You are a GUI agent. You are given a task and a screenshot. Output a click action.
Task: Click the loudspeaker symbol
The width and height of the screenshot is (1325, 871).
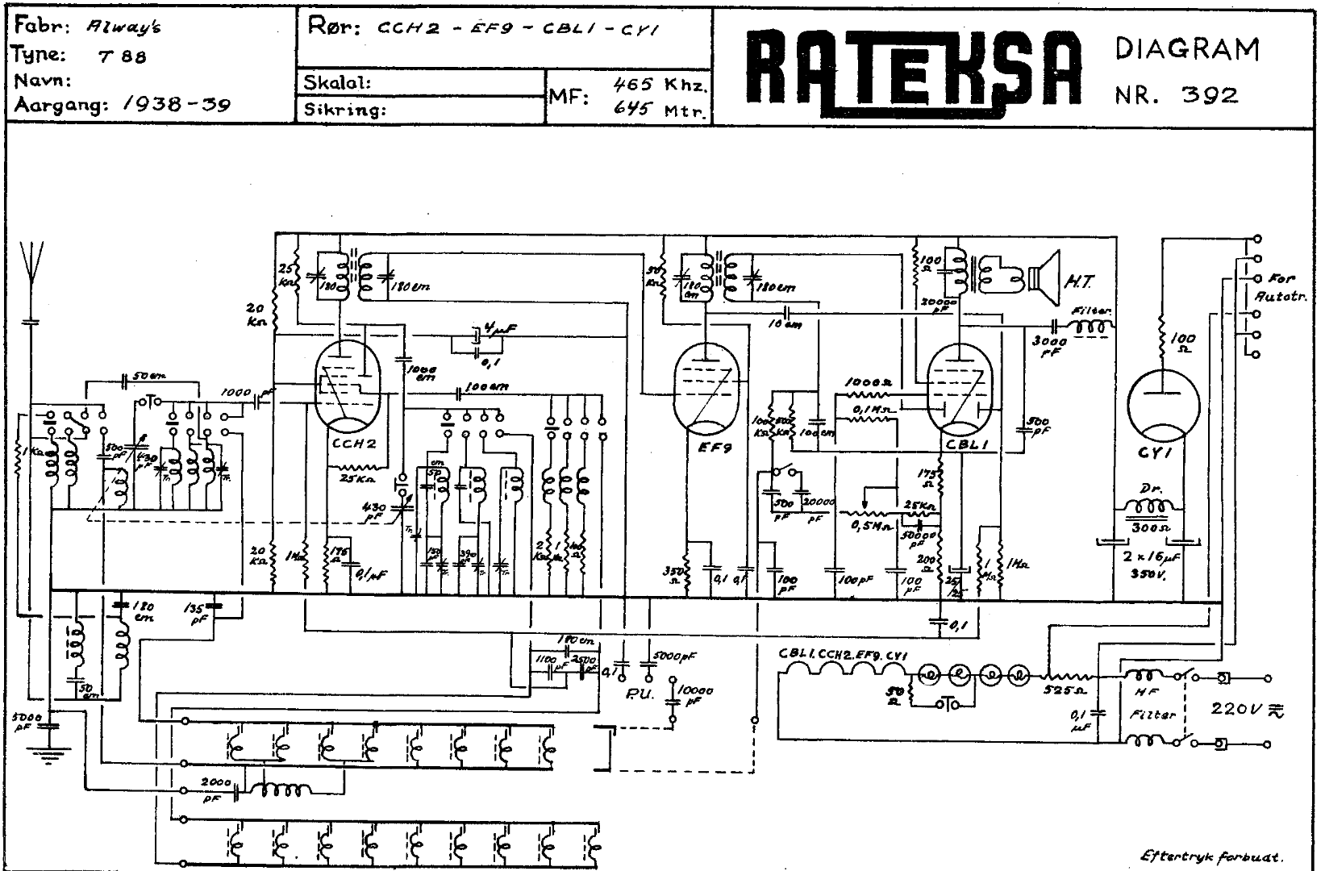tap(1046, 279)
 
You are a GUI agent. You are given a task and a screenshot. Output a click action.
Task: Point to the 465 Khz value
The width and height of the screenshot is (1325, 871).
tap(660, 84)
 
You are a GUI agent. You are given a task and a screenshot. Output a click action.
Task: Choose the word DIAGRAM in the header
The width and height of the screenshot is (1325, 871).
tap(1187, 49)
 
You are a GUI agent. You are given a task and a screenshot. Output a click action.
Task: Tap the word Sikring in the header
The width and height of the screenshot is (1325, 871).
tap(342, 110)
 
